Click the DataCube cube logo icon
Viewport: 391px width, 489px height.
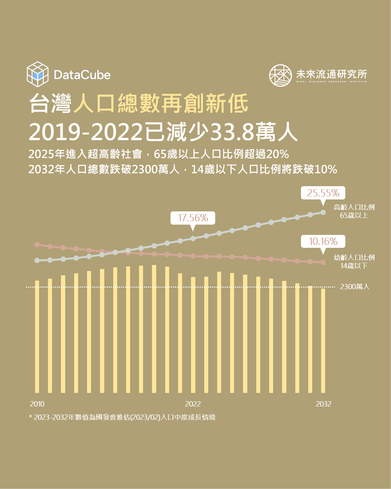[38, 74]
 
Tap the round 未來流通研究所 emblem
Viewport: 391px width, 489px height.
[280, 76]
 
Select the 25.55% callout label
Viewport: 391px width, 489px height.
[323, 193]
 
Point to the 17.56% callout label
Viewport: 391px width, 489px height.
[193, 218]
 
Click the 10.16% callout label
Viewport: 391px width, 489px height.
[323, 241]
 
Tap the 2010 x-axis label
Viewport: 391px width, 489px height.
[37, 404]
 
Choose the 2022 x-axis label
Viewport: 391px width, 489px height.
[193, 404]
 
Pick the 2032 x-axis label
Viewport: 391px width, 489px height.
[323, 404]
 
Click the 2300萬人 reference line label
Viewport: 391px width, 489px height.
[355, 287]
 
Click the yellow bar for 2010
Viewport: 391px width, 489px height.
[37, 337]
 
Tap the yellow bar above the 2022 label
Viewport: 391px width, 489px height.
[193, 335]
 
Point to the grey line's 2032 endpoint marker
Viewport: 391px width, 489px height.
[323, 212]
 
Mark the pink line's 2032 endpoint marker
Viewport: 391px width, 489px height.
[323, 262]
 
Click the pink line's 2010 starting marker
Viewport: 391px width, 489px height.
[37, 244]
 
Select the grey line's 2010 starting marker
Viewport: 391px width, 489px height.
[37, 260]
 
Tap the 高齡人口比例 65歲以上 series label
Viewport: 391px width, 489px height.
[354, 211]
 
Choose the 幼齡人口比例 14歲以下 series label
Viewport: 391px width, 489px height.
[354, 261]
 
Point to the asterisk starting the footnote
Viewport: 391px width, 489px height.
[30, 417]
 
